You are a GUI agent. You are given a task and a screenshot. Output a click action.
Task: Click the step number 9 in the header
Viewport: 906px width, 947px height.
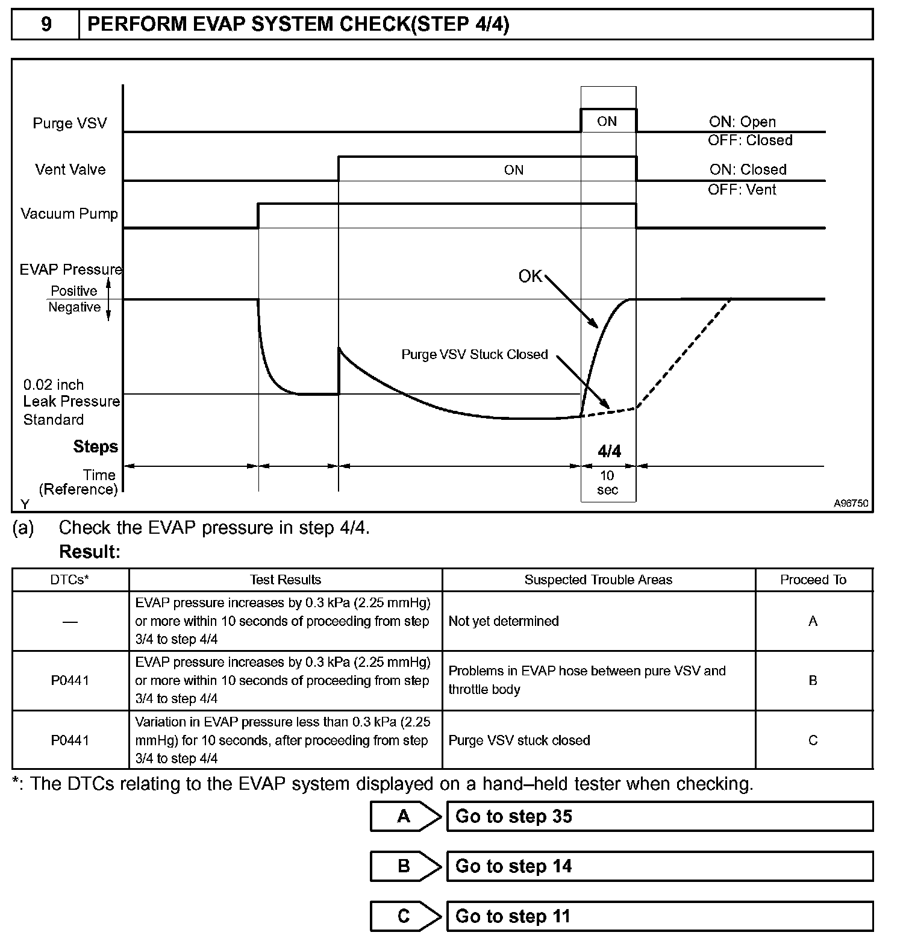46,24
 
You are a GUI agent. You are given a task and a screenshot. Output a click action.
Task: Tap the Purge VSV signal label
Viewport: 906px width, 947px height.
70,123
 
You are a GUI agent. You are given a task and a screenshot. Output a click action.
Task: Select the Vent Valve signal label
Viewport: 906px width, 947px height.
70,170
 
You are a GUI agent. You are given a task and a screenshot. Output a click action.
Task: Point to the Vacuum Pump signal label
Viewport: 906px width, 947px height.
69,214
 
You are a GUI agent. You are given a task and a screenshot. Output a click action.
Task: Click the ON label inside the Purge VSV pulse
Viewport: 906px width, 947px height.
607,122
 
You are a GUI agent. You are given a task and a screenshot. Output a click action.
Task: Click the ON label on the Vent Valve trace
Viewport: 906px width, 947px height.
514,170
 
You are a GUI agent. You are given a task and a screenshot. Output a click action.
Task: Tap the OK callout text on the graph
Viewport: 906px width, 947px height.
530,277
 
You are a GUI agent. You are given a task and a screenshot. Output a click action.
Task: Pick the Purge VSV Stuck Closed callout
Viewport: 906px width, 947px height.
475,354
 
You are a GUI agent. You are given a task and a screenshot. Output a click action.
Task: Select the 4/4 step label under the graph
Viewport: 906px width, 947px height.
609,451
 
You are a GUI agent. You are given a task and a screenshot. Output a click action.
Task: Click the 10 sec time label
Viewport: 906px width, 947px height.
607,483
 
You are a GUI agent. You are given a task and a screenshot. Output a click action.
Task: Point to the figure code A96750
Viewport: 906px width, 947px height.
851,503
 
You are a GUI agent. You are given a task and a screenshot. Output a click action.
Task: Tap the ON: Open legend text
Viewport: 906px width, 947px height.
742,122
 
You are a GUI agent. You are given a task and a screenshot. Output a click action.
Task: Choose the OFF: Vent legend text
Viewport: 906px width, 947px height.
742,190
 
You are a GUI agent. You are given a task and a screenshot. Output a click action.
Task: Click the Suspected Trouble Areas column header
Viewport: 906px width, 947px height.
598,580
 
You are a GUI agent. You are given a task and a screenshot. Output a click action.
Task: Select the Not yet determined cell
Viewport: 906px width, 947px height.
504,621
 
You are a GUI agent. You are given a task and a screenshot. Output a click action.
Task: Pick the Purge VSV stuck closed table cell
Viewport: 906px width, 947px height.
519,740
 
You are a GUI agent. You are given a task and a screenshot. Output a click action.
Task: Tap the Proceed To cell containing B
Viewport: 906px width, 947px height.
813,681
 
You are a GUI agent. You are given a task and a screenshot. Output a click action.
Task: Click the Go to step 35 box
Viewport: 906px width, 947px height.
659,817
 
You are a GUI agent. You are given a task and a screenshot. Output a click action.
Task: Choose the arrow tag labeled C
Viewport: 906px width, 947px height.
405,916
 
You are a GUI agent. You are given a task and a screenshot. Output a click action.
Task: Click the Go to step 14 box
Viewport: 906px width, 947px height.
659,866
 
